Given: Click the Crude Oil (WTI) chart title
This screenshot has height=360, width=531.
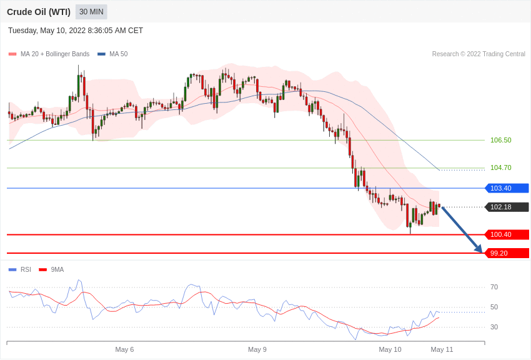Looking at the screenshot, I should (38, 12).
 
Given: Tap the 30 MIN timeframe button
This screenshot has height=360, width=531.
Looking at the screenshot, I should (91, 12).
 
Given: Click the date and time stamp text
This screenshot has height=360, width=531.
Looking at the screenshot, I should (76, 31).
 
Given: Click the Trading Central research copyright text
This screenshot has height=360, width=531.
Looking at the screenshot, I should (479, 54).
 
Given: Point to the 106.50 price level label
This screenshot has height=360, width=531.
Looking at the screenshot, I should (500, 140).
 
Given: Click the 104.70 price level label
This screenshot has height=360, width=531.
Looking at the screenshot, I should (500, 167).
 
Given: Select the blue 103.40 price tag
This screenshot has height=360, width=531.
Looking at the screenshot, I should (507, 188).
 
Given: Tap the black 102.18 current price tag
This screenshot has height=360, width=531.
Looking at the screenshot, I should (507, 207).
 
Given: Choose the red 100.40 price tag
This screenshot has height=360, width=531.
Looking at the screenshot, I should (507, 234).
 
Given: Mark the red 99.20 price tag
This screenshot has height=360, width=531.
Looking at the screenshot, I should (507, 253).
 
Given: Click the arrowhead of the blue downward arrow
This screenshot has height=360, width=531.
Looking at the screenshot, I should (479, 249).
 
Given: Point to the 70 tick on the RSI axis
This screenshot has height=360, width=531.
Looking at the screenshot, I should (494, 287).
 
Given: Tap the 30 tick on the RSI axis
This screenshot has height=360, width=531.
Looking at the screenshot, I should (494, 327).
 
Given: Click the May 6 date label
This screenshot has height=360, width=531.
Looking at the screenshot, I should (124, 349).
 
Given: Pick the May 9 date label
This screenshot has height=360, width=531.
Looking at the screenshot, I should (257, 349).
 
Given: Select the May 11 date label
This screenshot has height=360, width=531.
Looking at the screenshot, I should (442, 349).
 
